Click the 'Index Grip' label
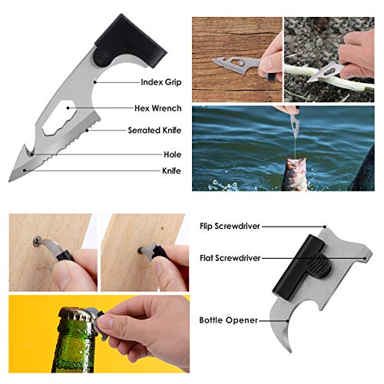pyautogui.click(x=162, y=81)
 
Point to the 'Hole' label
pyautogui.click(x=173, y=154)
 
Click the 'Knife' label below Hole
pyautogui.click(x=170, y=170)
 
